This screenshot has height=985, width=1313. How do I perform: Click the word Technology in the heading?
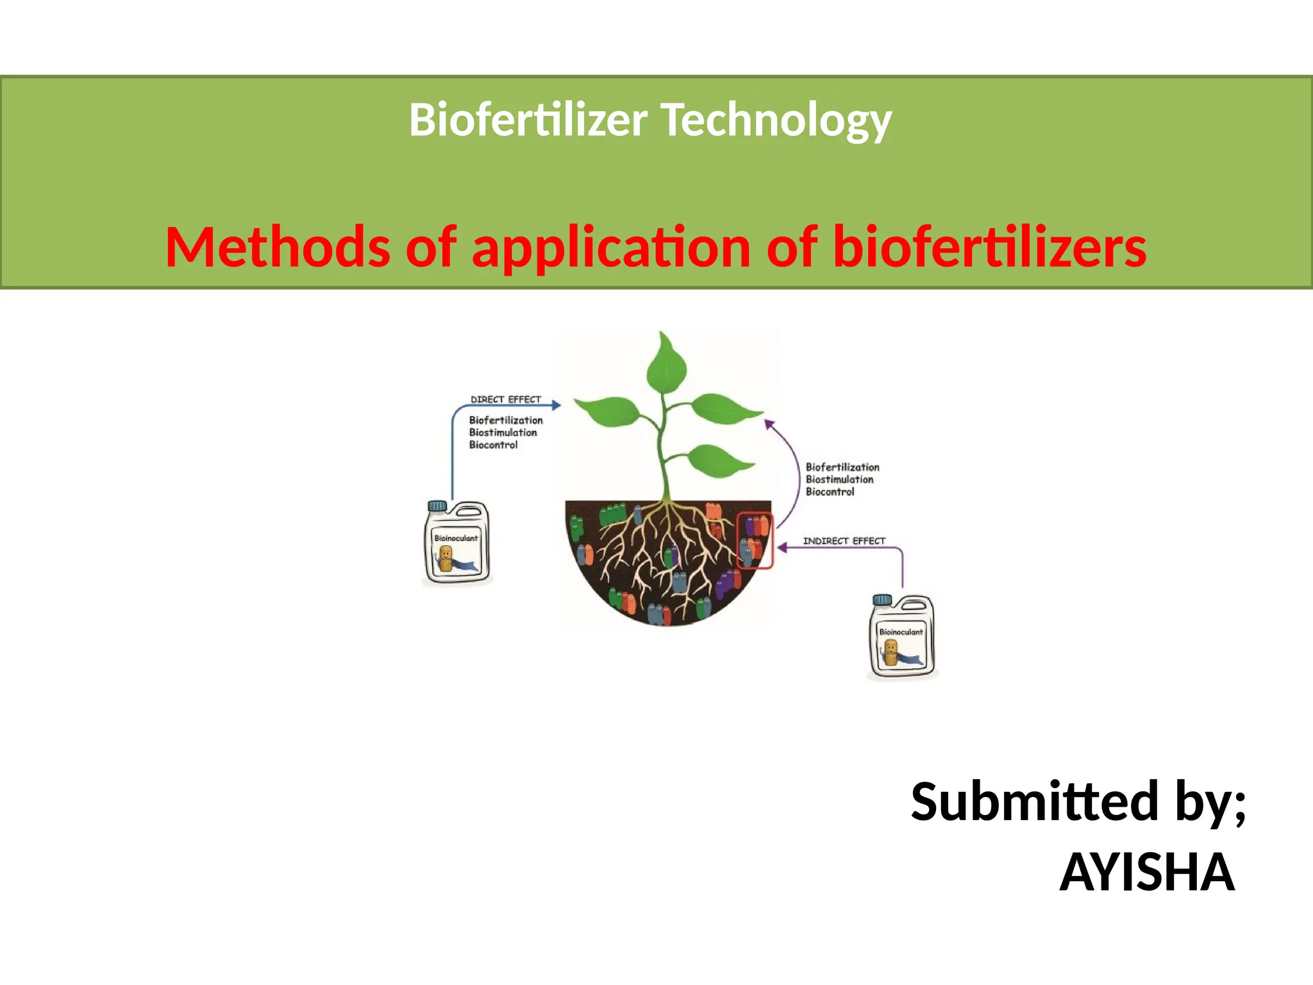coord(776,120)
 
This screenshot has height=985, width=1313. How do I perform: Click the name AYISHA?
coord(1146,873)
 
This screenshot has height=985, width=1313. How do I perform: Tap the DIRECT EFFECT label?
coord(506,400)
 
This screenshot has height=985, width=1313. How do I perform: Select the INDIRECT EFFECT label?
coord(844,541)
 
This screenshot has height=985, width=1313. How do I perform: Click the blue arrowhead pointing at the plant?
coord(556,405)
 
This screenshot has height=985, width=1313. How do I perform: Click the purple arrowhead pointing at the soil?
coord(782,548)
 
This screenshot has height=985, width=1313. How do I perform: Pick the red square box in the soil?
coord(755,541)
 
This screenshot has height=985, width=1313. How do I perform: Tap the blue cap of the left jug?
coord(437,506)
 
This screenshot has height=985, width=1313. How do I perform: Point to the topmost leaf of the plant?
coord(666,362)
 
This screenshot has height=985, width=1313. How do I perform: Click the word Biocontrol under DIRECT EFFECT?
coord(493,445)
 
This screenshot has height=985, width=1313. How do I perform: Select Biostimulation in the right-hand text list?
coord(839,480)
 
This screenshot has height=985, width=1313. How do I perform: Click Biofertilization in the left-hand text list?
coord(506,421)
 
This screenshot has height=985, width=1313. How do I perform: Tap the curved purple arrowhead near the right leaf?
coord(769,424)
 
